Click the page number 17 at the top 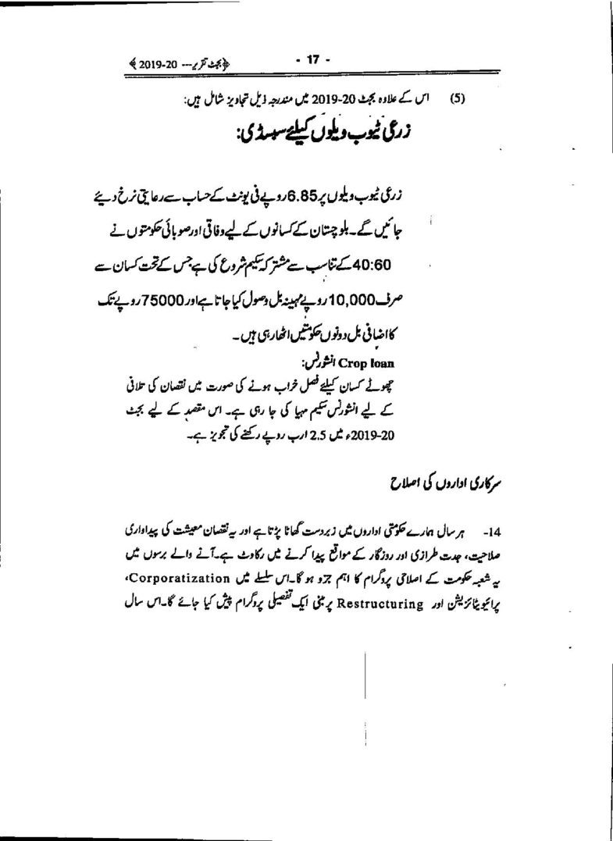(314, 59)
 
